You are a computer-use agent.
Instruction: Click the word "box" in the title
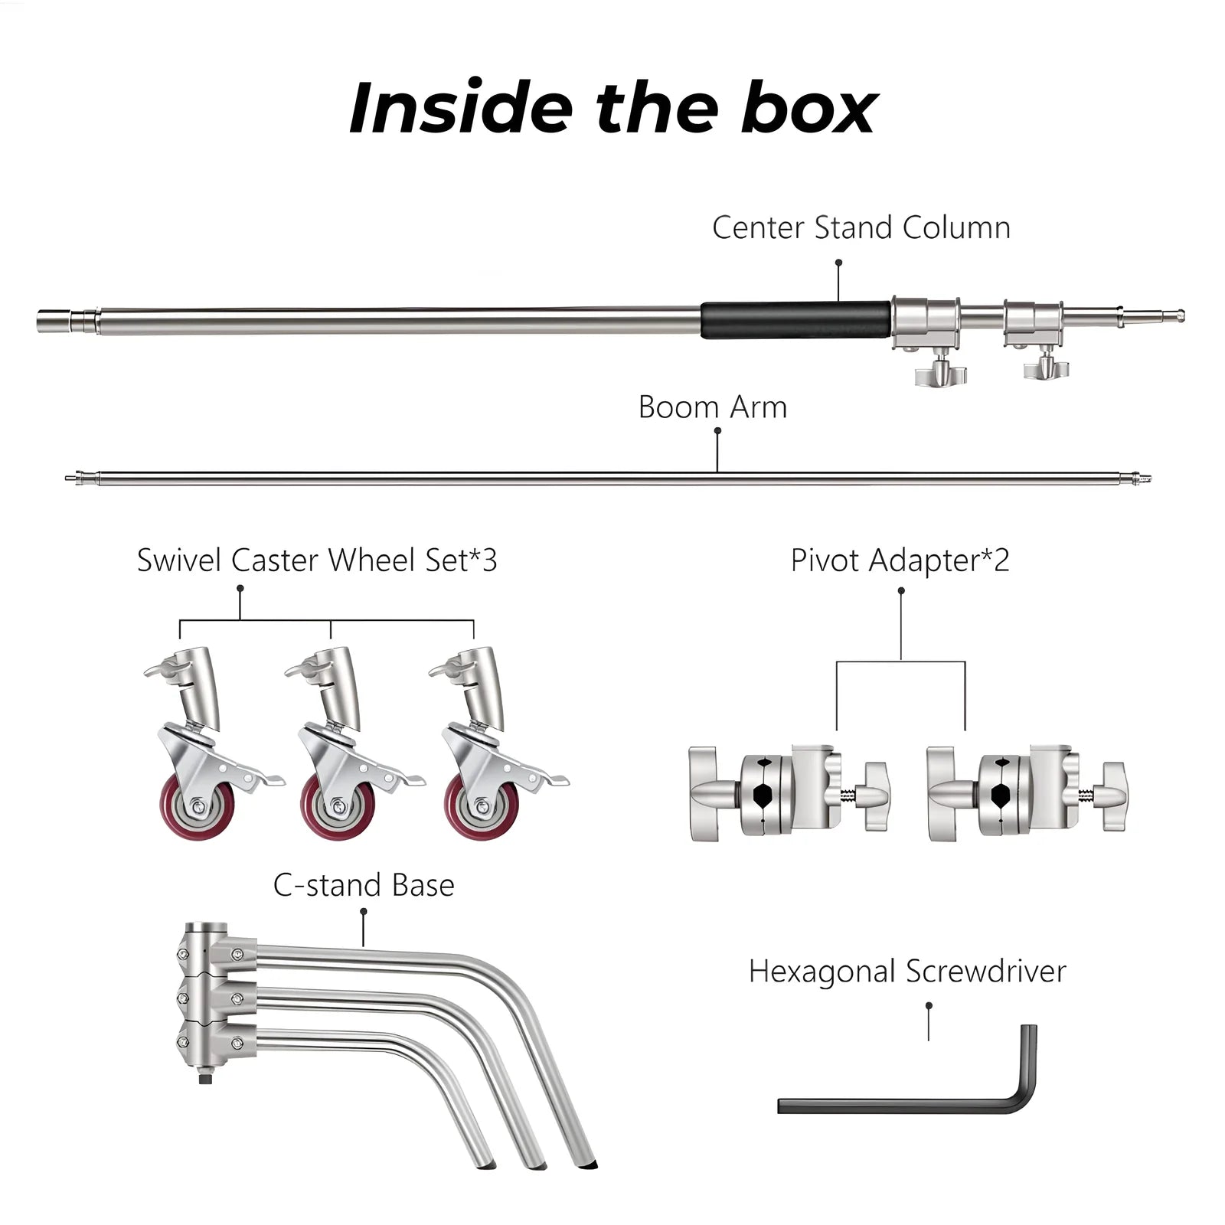(809, 108)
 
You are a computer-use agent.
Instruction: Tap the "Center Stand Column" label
(861, 228)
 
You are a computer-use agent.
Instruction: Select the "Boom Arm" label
(712, 407)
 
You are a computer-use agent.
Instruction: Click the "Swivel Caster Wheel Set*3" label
(317, 560)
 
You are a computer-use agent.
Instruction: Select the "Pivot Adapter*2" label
(900, 560)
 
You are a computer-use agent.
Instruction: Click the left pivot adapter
(789, 793)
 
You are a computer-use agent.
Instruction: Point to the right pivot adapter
(1026, 793)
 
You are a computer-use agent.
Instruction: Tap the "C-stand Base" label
(364, 886)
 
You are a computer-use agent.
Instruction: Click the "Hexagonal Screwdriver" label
(907, 972)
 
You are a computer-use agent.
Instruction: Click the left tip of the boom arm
(71, 479)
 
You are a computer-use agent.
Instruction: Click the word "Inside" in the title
(459, 108)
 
